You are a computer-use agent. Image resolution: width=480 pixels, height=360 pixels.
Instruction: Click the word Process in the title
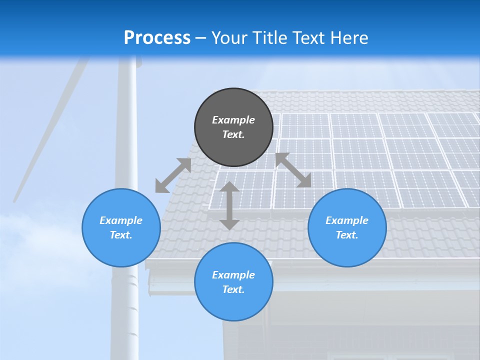(x=157, y=38)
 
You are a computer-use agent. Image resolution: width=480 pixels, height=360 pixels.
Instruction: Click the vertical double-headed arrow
(x=229, y=205)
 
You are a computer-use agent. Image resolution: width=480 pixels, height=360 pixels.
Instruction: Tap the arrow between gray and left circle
(x=173, y=175)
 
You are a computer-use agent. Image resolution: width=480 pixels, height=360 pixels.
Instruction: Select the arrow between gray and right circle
(x=293, y=170)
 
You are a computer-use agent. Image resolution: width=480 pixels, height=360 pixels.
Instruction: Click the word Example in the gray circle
(x=233, y=120)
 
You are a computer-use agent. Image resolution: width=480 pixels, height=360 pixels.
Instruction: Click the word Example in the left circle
(x=121, y=220)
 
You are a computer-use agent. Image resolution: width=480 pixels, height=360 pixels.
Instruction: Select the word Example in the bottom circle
(x=233, y=275)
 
